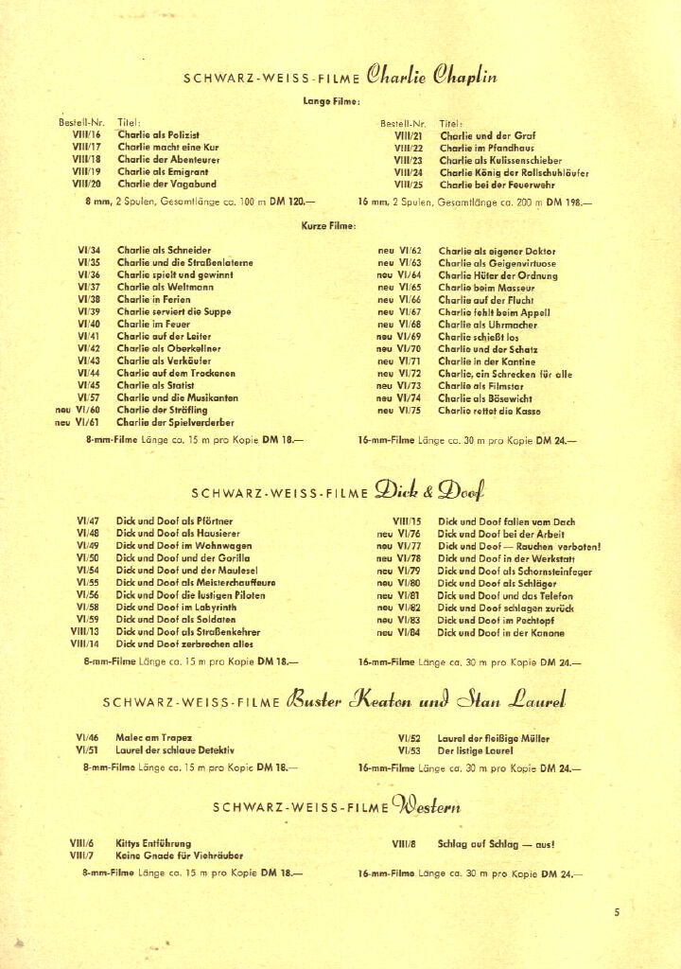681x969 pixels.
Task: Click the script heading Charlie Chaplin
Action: point(432,76)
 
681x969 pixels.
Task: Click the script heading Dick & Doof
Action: point(429,490)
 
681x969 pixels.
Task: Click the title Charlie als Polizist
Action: point(158,136)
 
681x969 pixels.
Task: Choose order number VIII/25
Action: point(408,185)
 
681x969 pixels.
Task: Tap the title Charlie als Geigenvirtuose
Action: point(498,263)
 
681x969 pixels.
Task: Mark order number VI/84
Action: point(409,633)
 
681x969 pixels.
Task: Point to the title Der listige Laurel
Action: point(475,750)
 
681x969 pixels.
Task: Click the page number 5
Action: point(616,912)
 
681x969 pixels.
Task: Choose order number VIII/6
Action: point(81,843)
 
